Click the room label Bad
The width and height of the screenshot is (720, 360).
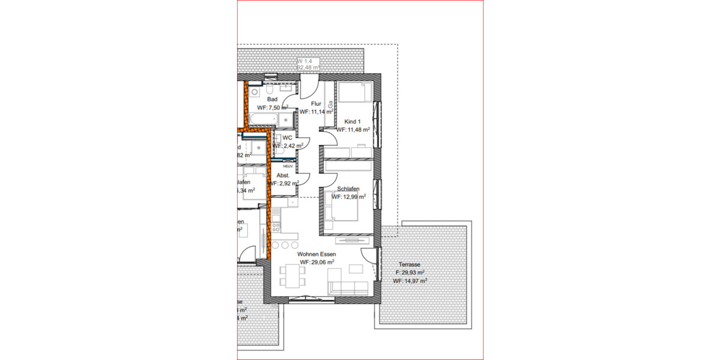pos(272,99)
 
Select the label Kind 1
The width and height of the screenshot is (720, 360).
pos(352,121)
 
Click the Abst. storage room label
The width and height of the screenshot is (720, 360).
pos(283,175)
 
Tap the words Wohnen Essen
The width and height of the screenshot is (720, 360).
pos(317,254)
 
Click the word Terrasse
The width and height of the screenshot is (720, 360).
pos(409,264)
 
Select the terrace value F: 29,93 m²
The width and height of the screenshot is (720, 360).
pos(409,272)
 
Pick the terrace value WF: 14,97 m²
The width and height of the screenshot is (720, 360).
pos(409,281)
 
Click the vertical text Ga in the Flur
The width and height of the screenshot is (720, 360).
pos(329,104)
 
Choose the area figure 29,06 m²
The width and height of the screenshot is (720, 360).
pos(317,262)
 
